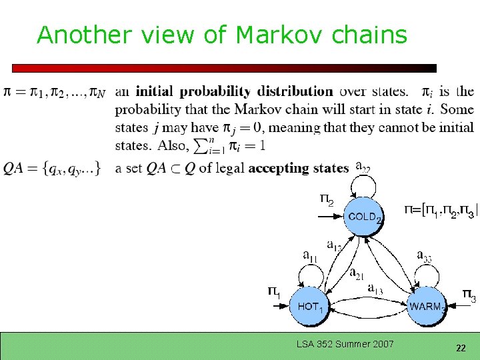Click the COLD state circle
364,216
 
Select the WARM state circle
426,306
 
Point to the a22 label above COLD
363,166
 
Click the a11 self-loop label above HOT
311,254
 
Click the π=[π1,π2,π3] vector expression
441,211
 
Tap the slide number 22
461,348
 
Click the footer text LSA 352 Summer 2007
345,344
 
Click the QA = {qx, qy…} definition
52,168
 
